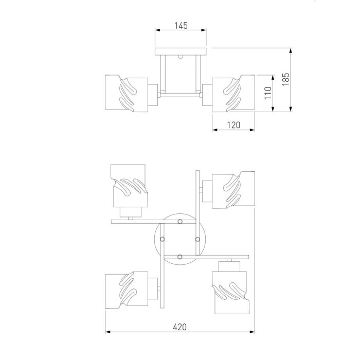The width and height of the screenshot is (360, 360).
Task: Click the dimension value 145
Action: point(181,26)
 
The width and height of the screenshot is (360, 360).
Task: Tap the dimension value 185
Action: point(285,79)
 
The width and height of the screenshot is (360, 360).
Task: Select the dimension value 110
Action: point(268,93)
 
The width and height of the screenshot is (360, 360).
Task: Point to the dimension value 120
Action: point(233,125)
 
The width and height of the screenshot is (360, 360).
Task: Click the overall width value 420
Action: point(180,327)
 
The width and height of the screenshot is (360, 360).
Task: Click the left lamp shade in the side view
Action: point(127,94)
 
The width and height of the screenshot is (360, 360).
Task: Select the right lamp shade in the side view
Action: point(233,94)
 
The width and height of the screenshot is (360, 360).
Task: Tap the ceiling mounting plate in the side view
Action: point(181,51)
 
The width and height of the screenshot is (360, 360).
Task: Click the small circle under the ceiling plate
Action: point(181,57)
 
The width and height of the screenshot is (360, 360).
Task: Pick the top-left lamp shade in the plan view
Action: point(129,186)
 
